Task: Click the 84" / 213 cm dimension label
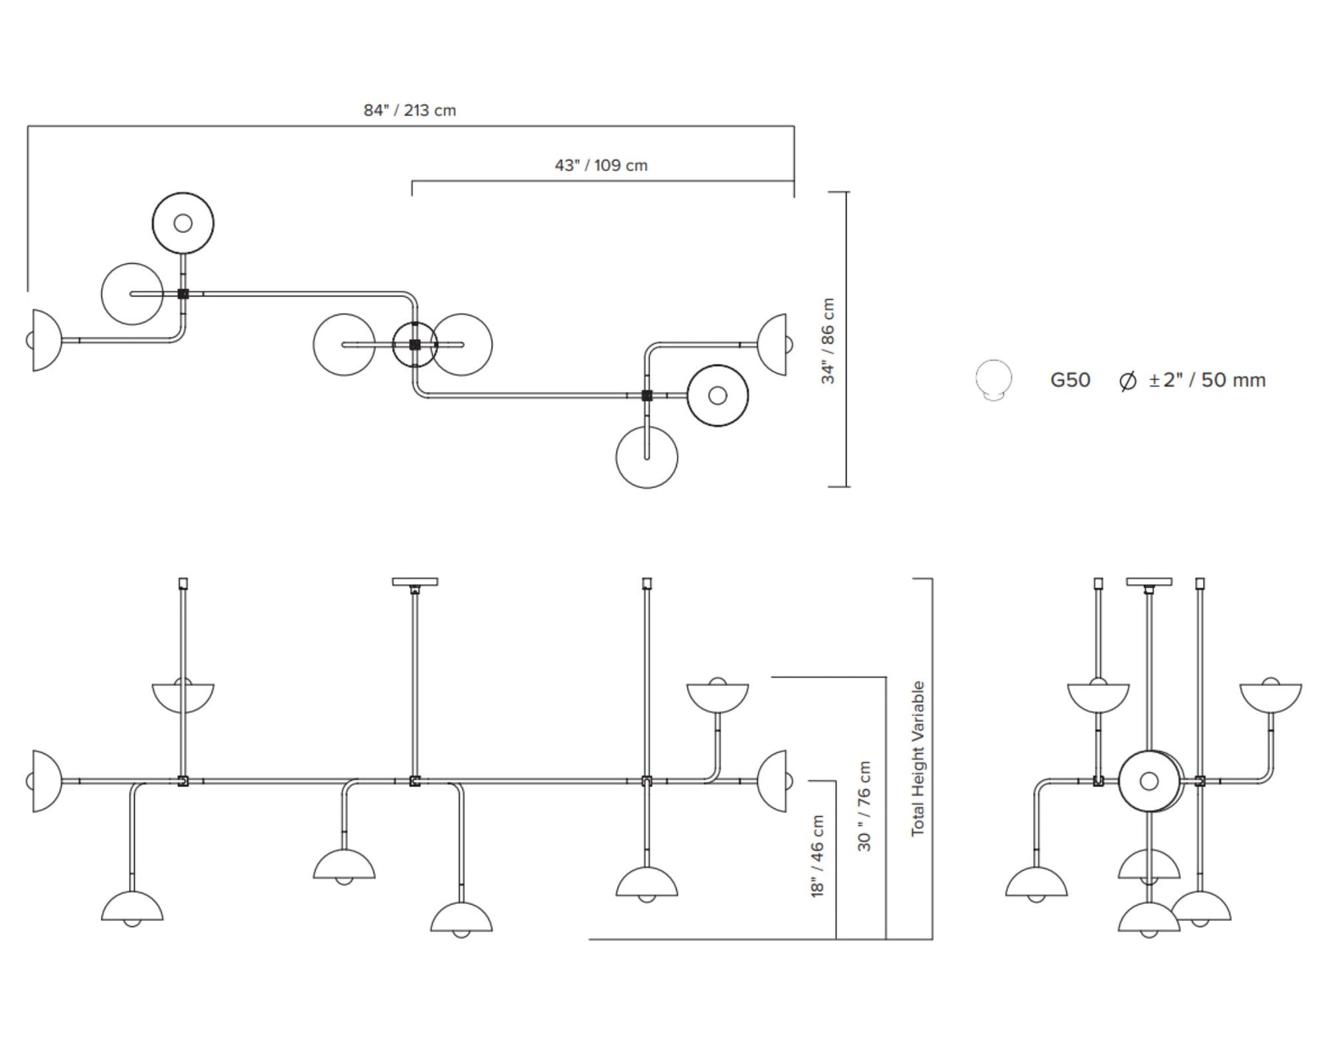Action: tap(410, 111)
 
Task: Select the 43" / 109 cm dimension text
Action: tap(601, 166)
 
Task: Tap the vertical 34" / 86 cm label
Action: tap(829, 340)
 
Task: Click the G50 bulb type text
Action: tap(1070, 380)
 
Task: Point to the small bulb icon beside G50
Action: tap(993, 379)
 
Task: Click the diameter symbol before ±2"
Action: tap(1127, 382)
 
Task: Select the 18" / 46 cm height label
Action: tap(817, 855)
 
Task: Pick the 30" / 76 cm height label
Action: tap(865, 806)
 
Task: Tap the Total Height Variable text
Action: tap(918, 759)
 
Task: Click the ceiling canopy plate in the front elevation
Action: tap(414, 582)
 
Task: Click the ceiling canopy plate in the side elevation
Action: tap(1149, 582)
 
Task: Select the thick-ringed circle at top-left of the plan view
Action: tap(183, 223)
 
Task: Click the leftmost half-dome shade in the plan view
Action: tap(44, 340)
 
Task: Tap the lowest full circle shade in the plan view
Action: tap(647, 457)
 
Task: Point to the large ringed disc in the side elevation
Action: tap(1149, 781)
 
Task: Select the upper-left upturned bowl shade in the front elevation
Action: tap(183, 696)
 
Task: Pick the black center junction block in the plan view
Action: tap(414, 344)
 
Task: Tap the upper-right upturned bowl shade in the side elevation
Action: tap(1270, 696)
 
